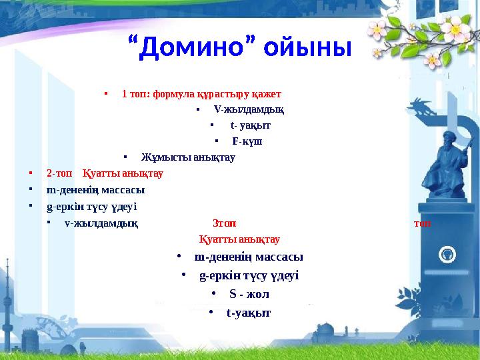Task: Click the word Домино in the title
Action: point(192,48)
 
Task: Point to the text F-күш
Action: point(247,141)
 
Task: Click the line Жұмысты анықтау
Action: point(188,157)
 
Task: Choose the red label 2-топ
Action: point(60,173)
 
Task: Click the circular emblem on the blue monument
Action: point(447,255)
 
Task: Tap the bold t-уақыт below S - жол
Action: point(249,312)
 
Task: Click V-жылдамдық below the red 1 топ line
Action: point(249,109)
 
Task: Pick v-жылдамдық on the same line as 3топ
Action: point(101,223)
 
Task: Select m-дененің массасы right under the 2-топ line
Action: point(96,189)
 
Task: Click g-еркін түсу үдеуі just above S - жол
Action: point(249,275)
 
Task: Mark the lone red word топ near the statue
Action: point(422,223)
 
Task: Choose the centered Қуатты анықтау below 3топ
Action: point(239,239)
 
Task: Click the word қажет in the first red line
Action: point(267,93)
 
